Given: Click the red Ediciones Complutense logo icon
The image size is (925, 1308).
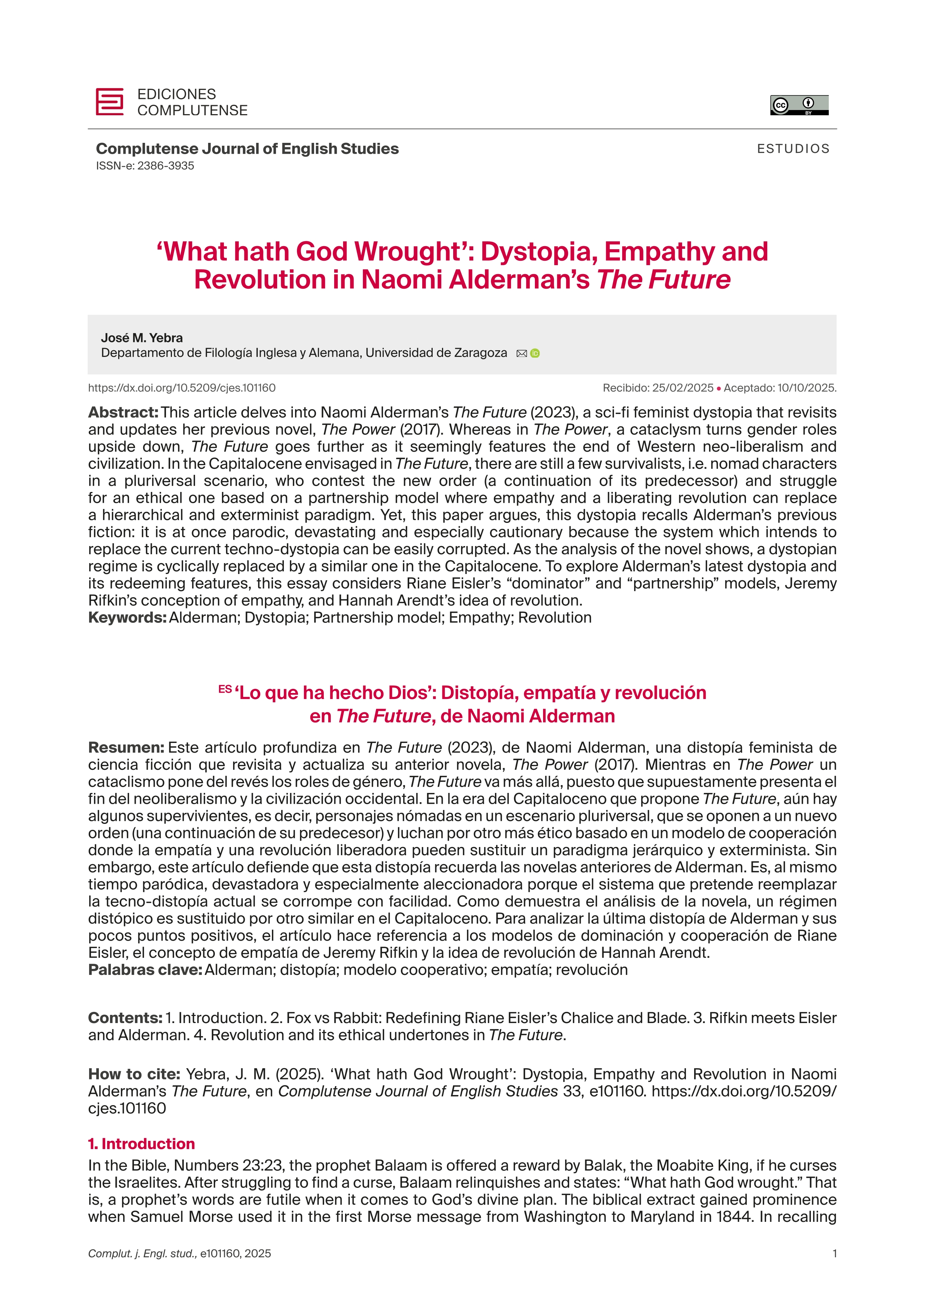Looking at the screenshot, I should click(x=109, y=102).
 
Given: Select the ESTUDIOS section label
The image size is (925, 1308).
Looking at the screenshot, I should click(x=793, y=149).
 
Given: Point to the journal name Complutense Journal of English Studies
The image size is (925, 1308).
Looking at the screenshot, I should click(x=247, y=149).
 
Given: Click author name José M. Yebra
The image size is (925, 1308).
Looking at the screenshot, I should click(x=142, y=338).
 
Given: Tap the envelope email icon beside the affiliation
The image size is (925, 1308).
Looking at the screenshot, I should click(x=521, y=354).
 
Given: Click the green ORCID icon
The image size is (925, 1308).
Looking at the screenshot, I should click(x=535, y=354).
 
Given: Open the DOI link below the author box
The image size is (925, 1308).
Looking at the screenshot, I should click(x=182, y=388).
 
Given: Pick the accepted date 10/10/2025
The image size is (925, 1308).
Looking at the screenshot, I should click(x=806, y=388).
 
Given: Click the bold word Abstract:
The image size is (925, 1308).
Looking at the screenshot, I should click(x=123, y=413).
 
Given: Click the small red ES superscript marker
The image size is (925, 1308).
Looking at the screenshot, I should click(x=225, y=689).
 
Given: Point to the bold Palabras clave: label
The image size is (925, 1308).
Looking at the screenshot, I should click(x=145, y=970).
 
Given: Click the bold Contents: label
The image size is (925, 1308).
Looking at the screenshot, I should click(x=125, y=1018).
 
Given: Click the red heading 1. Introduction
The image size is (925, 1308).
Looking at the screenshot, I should click(x=141, y=1144).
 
